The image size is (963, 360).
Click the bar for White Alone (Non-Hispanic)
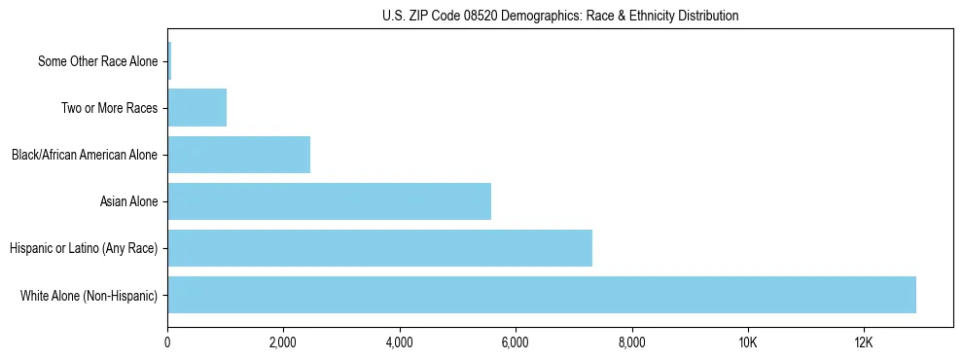[541, 295]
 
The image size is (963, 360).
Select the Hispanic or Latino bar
[379, 248]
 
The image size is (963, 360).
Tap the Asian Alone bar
[329, 201]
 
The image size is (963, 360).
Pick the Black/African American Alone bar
[238, 155]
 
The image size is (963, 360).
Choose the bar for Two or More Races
[196, 108]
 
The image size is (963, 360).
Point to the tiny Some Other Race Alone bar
[169, 61]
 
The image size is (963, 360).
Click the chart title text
[560, 16]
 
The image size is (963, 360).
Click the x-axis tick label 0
[167, 342]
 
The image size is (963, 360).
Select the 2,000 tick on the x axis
[283, 342]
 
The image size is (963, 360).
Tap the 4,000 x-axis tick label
[400, 342]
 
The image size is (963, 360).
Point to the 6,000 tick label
[516, 342]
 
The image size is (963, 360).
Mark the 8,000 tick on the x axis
[632, 342]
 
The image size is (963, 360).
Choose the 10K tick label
[748, 342]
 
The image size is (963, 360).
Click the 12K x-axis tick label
[864, 342]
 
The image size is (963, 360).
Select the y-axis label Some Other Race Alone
[97, 61]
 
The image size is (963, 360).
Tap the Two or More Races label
[109, 108]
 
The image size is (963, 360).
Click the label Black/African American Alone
[85, 155]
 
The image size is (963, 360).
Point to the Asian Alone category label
[128, 201]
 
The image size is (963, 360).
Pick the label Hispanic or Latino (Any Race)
[84, 248]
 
